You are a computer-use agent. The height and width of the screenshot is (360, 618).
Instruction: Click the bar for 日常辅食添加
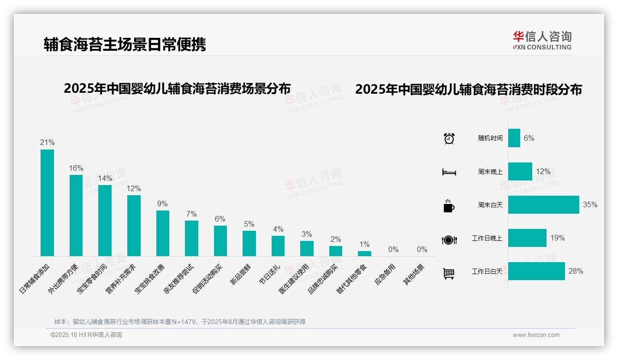tap(47, 203)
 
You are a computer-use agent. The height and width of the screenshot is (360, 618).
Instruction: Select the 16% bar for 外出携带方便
tap(76, 215)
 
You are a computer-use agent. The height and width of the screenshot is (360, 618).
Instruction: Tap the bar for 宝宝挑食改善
tap(162, 233)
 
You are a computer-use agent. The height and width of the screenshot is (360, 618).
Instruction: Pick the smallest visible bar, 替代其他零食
tap(364, 253)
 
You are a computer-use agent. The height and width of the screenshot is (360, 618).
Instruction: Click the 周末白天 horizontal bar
tap(543, 205)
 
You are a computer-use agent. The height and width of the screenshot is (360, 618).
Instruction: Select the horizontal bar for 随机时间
tap(514, 138)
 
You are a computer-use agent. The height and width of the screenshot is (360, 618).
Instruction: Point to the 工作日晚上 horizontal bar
tap(527, 238)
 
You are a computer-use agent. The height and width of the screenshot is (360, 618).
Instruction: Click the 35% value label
tap(590, 205)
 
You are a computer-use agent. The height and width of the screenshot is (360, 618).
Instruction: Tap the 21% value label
tap(47, 143)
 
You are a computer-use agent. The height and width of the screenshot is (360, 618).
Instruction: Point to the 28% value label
tap(576, 271)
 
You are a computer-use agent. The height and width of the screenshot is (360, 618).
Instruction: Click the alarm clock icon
tap(449, 138)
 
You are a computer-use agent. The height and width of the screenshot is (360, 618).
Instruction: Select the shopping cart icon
tap(449, 273)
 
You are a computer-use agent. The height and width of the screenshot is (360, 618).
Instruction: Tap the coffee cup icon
tap(449, 206)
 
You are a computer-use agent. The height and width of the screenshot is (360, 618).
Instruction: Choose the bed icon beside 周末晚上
tap(449, 172)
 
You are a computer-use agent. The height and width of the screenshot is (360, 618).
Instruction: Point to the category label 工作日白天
tap(487, 271)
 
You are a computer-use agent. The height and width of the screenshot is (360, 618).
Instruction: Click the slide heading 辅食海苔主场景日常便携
tap(125, 44)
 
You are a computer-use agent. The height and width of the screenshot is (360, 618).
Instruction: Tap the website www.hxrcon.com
tap(536, 335)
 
